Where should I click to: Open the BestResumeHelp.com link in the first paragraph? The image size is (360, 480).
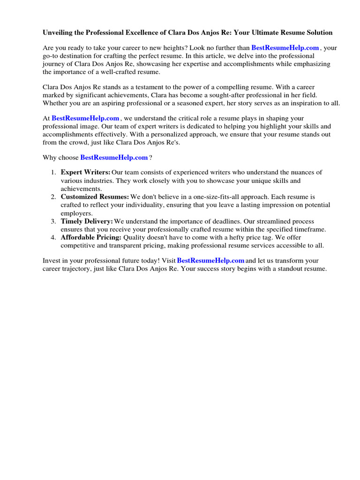click(x=285, y=48)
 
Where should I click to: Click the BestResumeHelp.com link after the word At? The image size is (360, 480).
click(x=85, y=119)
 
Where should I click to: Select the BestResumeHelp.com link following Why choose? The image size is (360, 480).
click(x=114, y=157)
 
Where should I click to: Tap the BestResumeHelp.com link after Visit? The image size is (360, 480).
click(x=211, y=260)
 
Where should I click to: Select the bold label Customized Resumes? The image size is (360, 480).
click(x=95, y=197)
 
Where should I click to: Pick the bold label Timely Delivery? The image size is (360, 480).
click(x=87, y=221)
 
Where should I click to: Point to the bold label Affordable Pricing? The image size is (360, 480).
click(x=91, y=238)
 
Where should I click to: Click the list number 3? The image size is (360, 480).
click(x=53, y=221)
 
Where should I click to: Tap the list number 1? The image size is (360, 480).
click(x=53, y=173)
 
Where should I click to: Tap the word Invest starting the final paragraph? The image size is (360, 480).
click(x=52, y=260)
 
